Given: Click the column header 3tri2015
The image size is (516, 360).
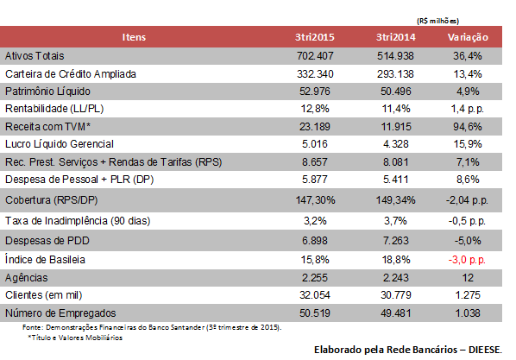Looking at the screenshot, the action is tap(315, 37).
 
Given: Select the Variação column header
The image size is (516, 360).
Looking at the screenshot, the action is tap(468, 37).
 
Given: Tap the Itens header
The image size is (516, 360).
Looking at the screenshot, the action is tap(134, 37).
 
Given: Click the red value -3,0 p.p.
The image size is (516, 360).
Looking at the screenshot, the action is tap(467, 260).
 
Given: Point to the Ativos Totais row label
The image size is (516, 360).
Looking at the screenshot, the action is tap(35, 56).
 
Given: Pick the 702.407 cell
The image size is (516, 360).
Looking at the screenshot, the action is tap(315, 56).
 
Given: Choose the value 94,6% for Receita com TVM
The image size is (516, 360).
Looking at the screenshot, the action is tap(468, 127).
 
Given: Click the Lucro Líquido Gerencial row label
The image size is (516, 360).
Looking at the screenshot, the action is tap(60, 144).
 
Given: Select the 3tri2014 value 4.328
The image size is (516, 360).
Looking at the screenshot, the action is tap(395, 144).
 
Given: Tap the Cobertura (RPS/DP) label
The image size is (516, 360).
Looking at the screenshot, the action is tap(51, 200).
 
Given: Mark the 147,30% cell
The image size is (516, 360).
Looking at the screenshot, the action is tap(315, 200).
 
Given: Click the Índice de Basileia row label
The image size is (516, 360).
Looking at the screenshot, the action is tap(45, 260).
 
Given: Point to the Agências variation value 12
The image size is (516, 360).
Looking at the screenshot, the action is tap(468, 278).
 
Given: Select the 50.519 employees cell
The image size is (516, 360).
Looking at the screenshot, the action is tap(315, 313).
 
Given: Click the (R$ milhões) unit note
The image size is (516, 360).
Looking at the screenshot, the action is tap(437, 21).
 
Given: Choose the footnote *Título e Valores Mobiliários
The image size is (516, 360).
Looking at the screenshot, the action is tap(75, 338).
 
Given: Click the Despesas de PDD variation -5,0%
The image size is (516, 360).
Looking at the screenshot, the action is tap(468, 241).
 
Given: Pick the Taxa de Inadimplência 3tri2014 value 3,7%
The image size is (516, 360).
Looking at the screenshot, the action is tap(395, 221).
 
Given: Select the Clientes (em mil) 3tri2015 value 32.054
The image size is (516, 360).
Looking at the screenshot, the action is tap(315, 295).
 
